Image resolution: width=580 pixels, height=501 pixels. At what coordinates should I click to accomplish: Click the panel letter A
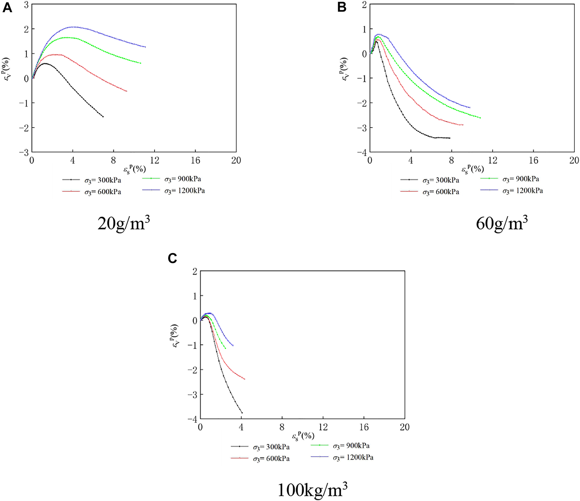point(7,7)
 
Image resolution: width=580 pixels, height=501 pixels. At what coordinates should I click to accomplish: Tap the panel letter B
point(342,7)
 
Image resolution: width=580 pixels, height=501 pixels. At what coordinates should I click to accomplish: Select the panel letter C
point(172,258)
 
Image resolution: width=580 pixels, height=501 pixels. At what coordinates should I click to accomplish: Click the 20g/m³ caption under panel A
point(123,223)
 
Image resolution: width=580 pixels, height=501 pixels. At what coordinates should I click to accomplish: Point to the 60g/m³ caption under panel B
point(501,223)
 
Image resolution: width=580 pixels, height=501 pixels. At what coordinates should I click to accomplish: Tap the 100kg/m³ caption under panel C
point(312,490)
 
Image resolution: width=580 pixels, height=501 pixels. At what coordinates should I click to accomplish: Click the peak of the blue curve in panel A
point(73,27)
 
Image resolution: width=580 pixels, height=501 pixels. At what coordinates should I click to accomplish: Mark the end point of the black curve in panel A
point(103,117)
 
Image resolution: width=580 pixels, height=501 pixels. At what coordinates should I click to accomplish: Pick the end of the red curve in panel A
point(127,91)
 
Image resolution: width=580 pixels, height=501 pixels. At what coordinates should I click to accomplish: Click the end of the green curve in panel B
point(480,118)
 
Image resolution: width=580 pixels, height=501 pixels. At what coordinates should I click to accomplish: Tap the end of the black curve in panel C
point(242,413)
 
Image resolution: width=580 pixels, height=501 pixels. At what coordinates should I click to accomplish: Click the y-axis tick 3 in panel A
point(26,5)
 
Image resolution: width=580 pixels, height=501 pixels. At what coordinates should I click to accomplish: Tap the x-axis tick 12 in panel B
point(493,160)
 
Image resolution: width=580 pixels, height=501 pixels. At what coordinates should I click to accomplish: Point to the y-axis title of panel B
point(344,69)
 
